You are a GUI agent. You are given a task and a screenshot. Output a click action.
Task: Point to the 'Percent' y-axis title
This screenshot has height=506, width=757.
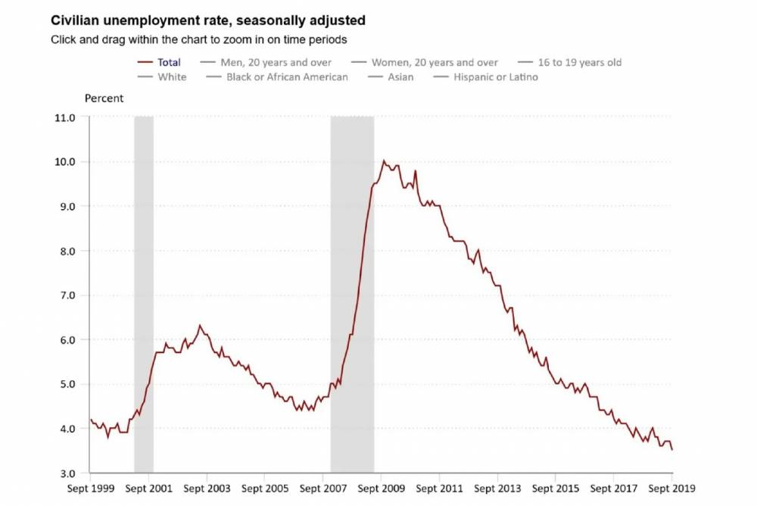coord(104,98)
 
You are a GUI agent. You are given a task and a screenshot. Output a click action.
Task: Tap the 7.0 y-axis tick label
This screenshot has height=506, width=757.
coord(66,295)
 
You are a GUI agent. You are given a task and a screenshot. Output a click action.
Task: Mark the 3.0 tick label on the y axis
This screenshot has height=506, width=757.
coord(66,473)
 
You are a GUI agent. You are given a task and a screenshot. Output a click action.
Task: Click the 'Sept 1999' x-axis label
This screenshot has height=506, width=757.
coord(91,489)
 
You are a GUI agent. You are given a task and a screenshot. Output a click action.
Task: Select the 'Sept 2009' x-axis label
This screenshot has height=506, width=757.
coord(381,489)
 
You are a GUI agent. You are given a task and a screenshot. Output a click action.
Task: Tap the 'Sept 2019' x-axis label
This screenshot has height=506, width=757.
coord(671,489)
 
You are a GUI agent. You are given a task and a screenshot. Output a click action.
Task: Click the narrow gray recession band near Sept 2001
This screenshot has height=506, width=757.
coord(144,295)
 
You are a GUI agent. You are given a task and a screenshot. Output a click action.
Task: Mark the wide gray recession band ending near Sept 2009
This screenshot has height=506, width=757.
coord(352,295)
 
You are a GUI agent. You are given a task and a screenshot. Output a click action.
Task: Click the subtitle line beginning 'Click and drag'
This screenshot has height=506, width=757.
coord(199,39)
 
